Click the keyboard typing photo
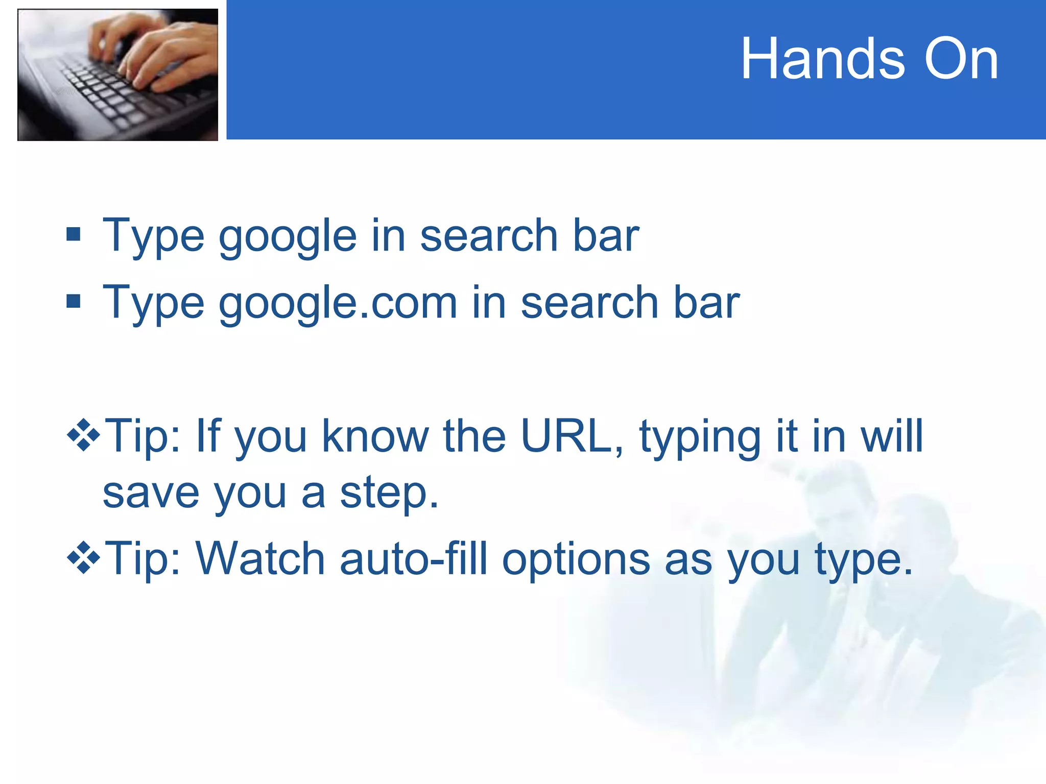coord(117,75)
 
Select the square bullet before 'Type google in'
coord(74,234)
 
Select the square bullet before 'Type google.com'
coord(74,301)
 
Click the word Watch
coord(260,558)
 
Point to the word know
coord(375,436)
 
